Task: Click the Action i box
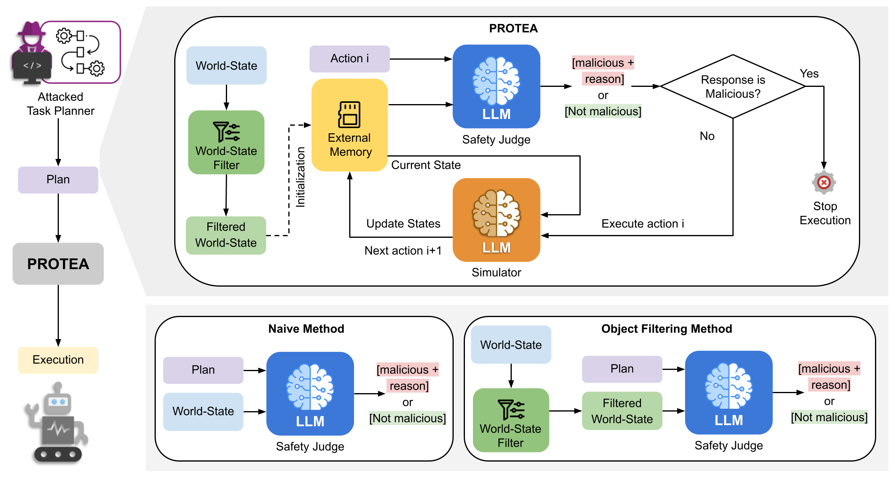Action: click(x=349, y=59)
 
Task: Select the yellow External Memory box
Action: click(x=349, y=125)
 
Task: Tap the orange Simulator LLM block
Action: click(x=496, y=220)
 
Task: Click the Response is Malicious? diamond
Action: click(x=732, y=86)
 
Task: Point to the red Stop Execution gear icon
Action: click(x=824, y=183)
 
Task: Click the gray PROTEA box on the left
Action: click(x=58, y=264)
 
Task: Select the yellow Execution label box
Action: click(x=58, y=360)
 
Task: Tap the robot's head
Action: click(x=58, y=401)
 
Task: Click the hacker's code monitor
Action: click(x=32, y=66)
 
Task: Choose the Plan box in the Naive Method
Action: click(x=203, y=370)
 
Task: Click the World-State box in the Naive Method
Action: click(x=203, y=412)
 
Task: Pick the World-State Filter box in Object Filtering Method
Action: click(x=511, y=420)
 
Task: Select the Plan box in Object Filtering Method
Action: click(x=621, y=369)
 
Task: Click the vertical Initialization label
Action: click(x=300, y=177)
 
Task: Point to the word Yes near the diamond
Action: click(x=809, y=74)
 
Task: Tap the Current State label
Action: click(x=426, y=165)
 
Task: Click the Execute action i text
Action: click(x=642, y=224)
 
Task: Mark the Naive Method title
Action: click(x=306, y=329)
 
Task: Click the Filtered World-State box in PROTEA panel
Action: click(x=226, y=235)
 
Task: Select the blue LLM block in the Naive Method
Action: click(x=310, y=394)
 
